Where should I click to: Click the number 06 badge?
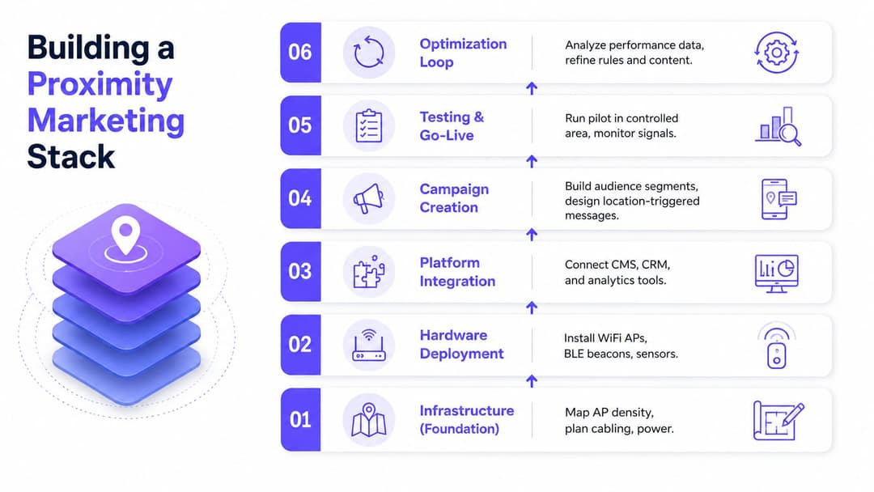(300, 53)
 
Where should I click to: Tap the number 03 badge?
(300, 271)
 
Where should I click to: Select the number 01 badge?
(300, 419)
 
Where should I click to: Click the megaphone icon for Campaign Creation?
(368, 198)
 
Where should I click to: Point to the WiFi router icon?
(368, 345)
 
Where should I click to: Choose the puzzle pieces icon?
(368, 272)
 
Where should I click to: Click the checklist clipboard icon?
(368, 125)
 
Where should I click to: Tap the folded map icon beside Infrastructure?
(368, 419)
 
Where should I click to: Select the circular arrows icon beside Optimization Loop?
(368, 53)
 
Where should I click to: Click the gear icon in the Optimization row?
(776, 53)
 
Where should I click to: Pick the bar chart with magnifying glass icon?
(779, 126)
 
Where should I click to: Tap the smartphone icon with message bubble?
(779, 199)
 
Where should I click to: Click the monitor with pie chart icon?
(776, 273)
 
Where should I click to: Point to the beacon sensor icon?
(776, 346)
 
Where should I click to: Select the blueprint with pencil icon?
(779, 420)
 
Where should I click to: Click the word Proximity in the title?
(100, 85)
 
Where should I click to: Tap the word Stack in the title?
(70, 156)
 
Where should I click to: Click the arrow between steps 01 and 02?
(532, 381)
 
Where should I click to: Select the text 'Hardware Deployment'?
(461, 345)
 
